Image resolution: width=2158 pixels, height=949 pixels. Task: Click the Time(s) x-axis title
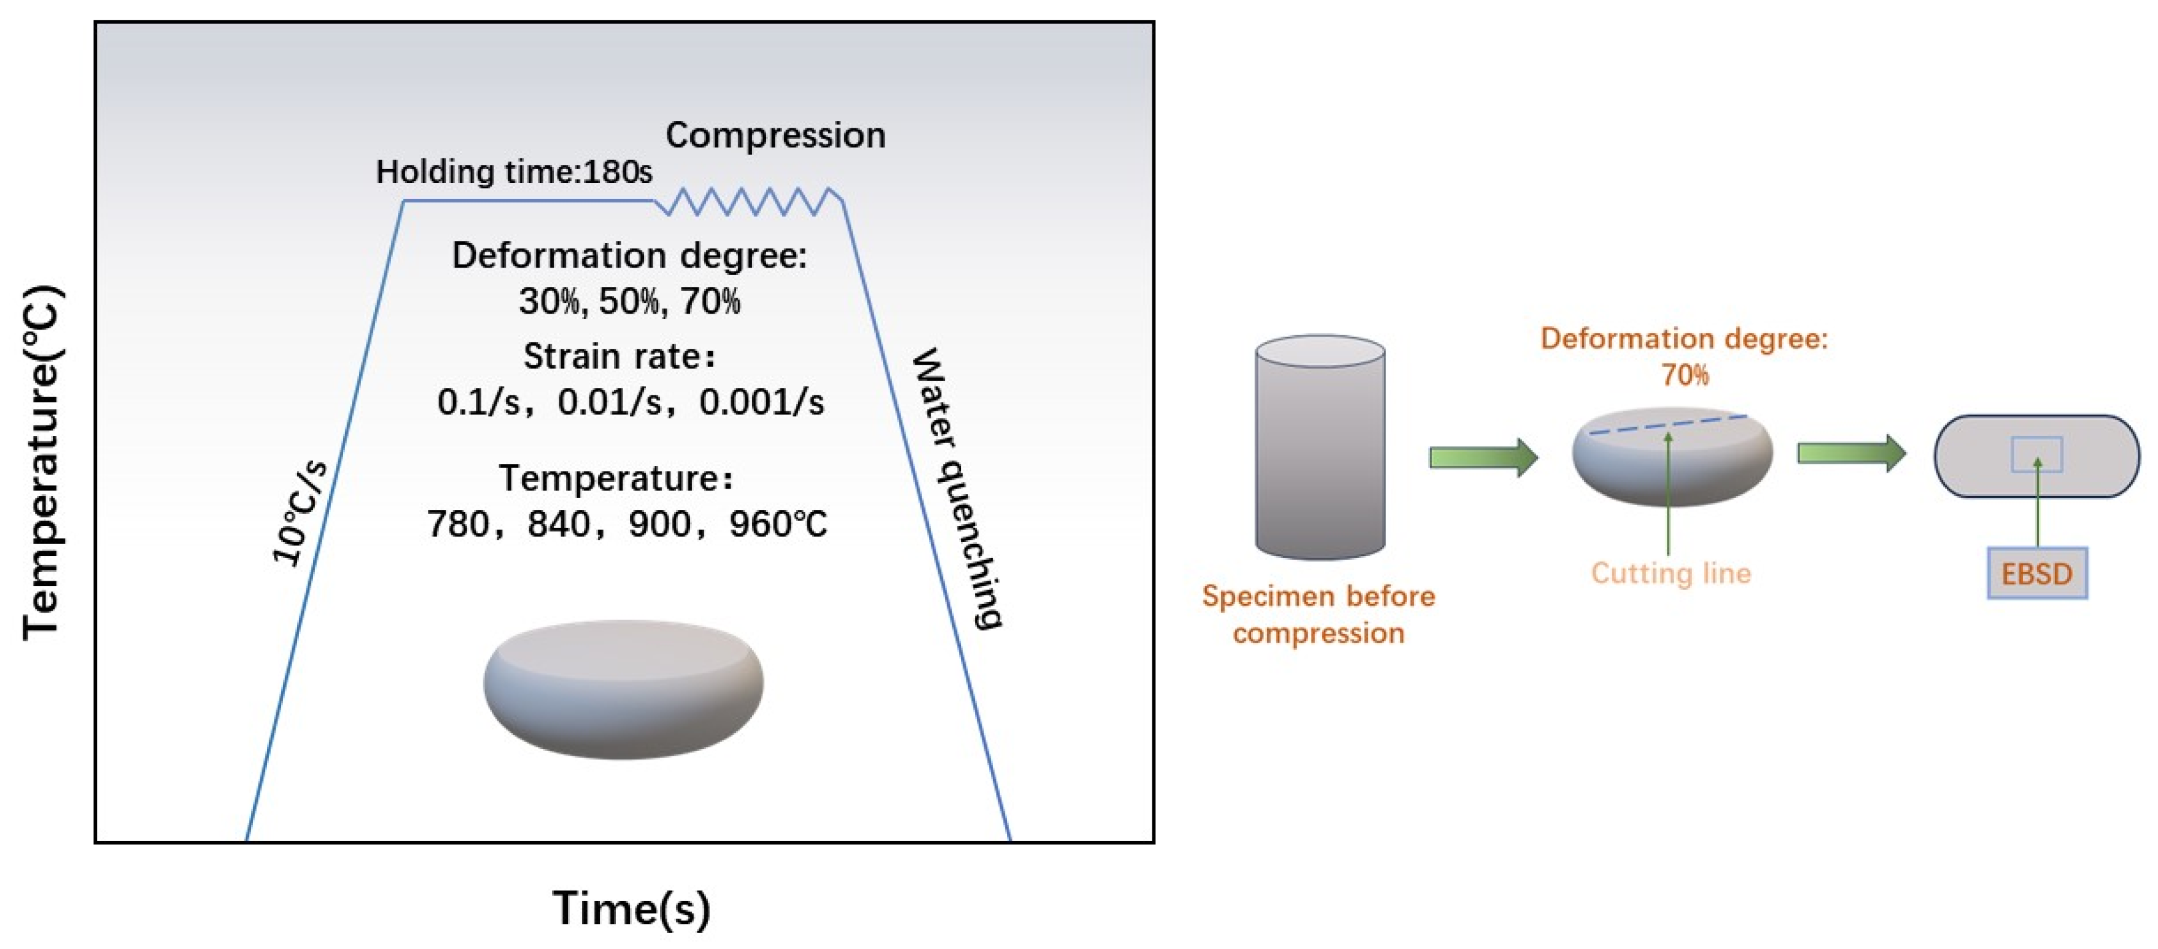631,909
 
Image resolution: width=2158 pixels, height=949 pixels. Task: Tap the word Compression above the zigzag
775,136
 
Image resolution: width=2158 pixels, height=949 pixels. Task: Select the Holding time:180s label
513,172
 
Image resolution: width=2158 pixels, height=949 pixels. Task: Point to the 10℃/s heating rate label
299,513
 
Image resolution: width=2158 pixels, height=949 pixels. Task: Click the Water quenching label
958,489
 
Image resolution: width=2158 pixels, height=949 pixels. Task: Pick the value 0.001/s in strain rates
761,403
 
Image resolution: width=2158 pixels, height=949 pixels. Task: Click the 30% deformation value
549,301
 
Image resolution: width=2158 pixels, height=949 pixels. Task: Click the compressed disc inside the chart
623,689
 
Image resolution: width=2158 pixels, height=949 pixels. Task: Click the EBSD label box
2036,574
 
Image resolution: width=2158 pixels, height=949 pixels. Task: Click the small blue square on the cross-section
2036,454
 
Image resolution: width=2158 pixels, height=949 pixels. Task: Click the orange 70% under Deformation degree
1685,375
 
